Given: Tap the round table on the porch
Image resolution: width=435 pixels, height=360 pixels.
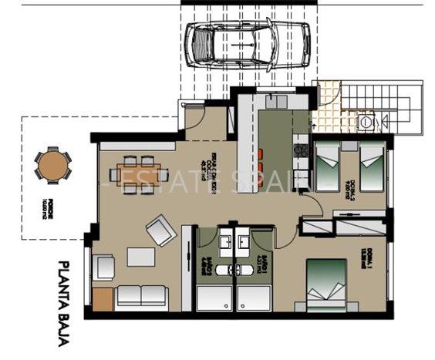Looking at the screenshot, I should tap(52, 164).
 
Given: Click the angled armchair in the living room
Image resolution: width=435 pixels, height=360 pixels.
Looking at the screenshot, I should tap(160, 229).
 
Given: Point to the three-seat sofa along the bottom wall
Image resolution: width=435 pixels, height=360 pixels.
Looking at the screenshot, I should tap(142, 296).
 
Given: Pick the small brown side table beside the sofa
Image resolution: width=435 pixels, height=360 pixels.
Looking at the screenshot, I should tap(103, 298).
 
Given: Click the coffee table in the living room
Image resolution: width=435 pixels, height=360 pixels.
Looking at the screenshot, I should tap(140, 255).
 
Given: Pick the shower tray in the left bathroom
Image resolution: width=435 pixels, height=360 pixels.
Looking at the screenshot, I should tap(214, 298).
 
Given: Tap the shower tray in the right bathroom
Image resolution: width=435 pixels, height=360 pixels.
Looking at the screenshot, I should tap(255, 298).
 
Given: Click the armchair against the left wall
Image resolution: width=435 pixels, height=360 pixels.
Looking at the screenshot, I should tap(105, 267).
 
